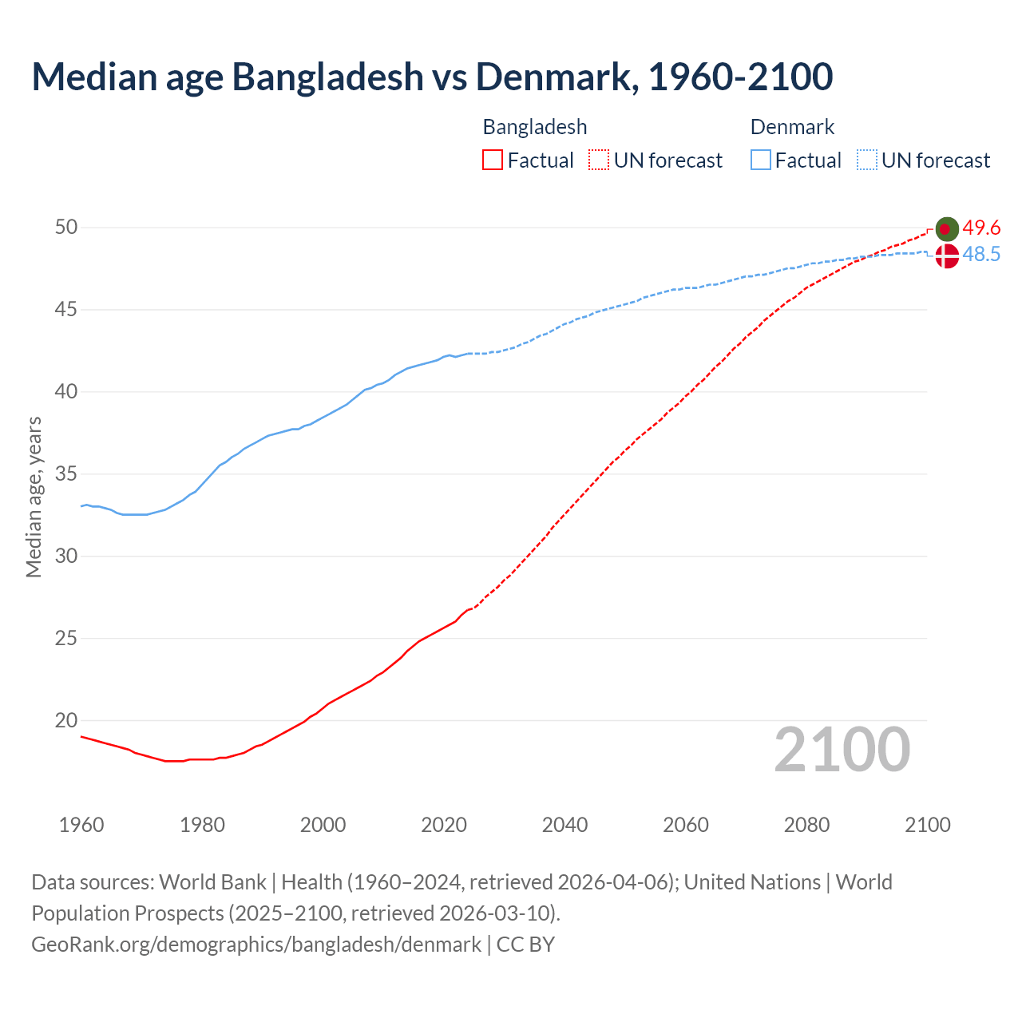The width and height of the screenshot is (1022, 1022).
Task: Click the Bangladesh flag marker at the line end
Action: pos(947,229)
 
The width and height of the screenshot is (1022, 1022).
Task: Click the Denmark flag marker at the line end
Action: pos(947,256)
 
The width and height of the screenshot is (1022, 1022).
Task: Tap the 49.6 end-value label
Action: pos(981,228)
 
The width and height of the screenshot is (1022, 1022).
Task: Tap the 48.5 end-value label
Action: pos(981,255)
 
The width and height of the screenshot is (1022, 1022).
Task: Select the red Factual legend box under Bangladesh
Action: pos(493,160)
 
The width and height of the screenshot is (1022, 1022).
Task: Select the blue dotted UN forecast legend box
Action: pos(867,160)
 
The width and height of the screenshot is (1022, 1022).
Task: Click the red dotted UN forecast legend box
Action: pos(599,160)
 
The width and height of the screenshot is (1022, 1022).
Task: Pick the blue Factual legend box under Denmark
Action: pos(761,160)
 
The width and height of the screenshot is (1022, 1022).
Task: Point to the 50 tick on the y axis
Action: pos(66,228)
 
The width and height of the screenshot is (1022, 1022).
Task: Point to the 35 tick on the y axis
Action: pos(66,474)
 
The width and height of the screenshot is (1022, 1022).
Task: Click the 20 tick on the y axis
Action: pos(66,720)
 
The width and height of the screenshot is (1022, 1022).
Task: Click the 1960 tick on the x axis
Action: pos(81,825)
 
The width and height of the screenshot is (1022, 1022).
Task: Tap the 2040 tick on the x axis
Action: pos(564,825)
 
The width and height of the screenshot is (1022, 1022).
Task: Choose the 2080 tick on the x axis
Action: pos(806,825)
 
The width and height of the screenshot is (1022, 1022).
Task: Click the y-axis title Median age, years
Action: pos(34,497)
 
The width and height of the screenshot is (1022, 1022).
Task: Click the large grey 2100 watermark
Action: pos(842,749)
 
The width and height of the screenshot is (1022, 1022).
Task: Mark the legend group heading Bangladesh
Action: pos(535,127)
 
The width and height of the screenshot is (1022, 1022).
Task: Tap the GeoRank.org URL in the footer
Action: pos(256,945)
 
